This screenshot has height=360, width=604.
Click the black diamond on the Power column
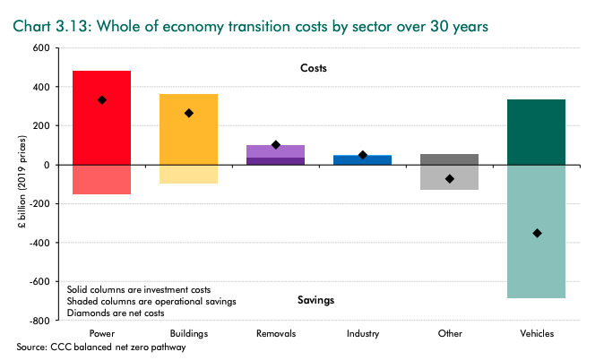click(102, 100)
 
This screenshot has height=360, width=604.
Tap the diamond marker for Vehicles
click(537, 233)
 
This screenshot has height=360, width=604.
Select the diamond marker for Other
click(450, 179)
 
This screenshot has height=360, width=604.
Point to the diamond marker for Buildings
click(189, 113)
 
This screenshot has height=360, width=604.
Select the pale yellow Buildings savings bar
click(189, 174)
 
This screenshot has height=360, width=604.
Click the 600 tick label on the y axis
click(39, 47)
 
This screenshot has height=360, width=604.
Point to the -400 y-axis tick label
click(37, 243)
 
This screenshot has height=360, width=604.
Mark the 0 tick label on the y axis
click(45, 165)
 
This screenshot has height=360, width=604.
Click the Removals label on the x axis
click(276, 333)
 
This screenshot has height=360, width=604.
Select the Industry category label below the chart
click(363, 333)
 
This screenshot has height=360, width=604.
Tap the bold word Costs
click(315, 68)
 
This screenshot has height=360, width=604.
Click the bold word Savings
click(315, 300)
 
